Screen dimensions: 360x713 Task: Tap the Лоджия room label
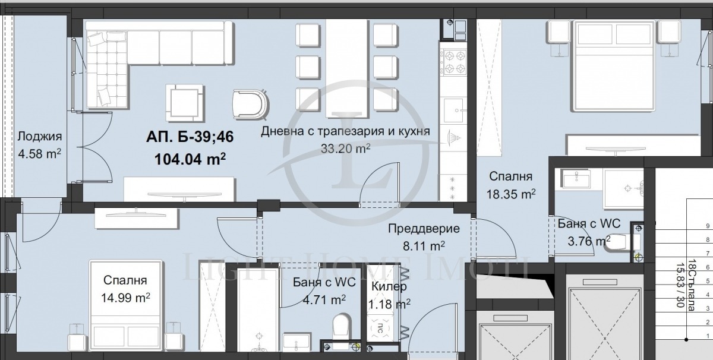click(x=40, y=137)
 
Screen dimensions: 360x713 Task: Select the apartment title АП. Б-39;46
click(x=190, y=137)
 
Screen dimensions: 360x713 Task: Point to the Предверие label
click(x=424, y=229)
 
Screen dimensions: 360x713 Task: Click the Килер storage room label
click(x=389, y=286)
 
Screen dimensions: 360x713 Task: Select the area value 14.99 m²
click(x=125, y=297)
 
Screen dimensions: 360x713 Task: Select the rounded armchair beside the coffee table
click(x=250, y=105)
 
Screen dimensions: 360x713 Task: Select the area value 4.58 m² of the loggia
click(x=40, y=153)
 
